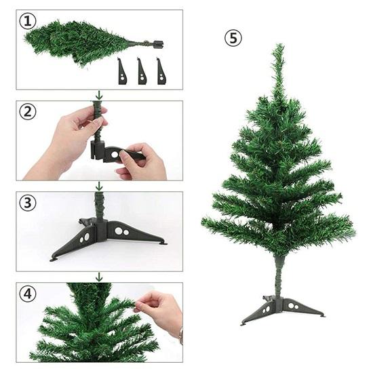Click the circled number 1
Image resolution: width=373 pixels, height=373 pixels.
coord(28,21)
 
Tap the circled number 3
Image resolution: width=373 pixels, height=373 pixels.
coord(28,203)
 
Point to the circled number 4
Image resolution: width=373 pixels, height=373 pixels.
coord(28,294)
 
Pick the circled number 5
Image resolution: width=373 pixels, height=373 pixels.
coord(233,38)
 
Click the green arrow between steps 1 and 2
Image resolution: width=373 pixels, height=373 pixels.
coord(99,95)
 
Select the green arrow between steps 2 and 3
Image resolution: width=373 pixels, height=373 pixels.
coord(99,186)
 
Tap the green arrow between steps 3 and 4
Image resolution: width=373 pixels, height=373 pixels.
coord(99,277)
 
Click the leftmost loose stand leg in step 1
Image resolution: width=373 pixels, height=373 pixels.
coord(122,71)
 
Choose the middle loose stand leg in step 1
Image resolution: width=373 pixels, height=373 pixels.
coord(142,71)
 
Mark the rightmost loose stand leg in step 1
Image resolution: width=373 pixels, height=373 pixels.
coord(161,71)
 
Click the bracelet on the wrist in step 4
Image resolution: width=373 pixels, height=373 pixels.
coord(180,335)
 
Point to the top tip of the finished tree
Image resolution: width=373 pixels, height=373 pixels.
coord(278,47)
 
